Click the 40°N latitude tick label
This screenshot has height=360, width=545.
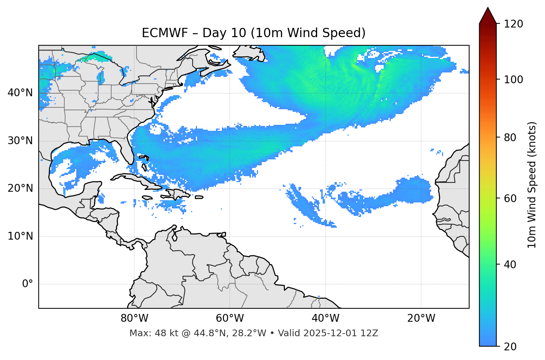tap(20, 93)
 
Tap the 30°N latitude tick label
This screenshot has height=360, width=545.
tap(20, 141)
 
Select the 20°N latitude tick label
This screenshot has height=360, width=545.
tap(20, 188)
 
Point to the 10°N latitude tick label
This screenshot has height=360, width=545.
tap(20, 236)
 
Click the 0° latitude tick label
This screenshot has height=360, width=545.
tap(28, 284)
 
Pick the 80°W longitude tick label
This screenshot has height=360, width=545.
tap(134, 318)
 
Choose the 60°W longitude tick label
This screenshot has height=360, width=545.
tap(230, 318)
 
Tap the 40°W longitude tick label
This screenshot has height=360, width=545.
tap(325, 318)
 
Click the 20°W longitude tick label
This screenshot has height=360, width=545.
tap(421, 318)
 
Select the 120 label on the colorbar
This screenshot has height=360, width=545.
tap(513, 24)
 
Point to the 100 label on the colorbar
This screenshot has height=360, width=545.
tap(513, 80)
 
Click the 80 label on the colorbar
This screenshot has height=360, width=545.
tap(510, 137)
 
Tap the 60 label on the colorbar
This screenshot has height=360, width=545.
tap(510, 198)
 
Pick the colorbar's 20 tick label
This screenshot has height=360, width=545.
tap(510, 347)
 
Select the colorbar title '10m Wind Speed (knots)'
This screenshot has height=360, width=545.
tap(532, 185)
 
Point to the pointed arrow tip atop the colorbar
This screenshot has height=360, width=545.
tap(488, 9)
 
